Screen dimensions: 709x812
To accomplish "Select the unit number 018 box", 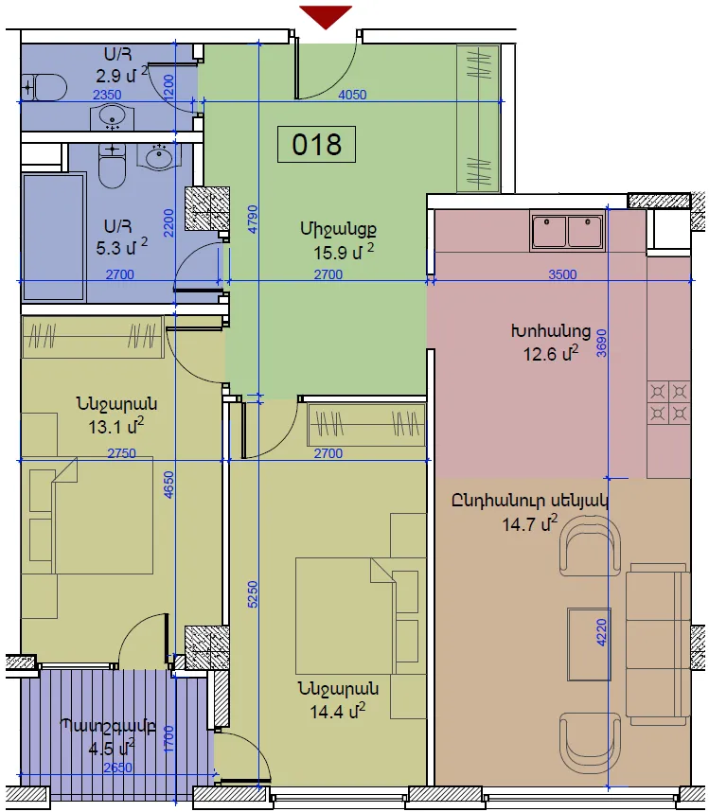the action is (x=316, y=144).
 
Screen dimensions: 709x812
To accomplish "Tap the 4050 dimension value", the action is (x=352, y=95).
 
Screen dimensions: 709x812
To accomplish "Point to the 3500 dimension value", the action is (x=562, y=274).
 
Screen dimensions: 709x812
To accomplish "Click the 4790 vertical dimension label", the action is (x=252, y=219).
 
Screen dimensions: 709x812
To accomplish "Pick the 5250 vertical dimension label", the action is (x=252, y=594).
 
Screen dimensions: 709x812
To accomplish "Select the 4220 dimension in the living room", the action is (x=601, y=632).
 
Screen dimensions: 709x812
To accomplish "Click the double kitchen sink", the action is (x=568, y=231).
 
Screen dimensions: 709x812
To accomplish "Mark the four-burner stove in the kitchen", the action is (x=668, y=402).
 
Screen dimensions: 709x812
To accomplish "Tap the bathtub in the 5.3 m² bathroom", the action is (x=53, y=237).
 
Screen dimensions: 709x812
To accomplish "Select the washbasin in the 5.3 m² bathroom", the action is (x=160, y=156).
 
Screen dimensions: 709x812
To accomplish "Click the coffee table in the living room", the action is (x=589, y=644).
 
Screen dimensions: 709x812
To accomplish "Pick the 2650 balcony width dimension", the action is (x=117, y=768).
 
